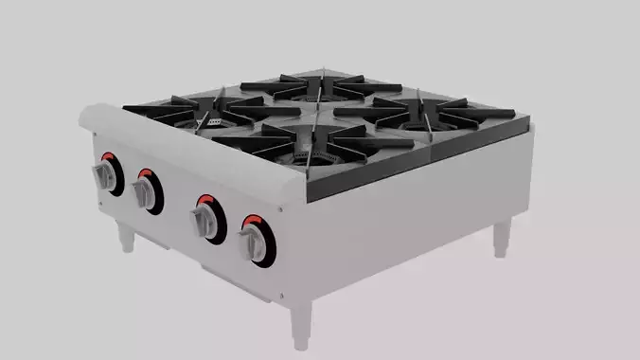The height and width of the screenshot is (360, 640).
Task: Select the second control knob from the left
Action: click(146, 192)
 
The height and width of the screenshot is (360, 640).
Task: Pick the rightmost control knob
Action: click(254, 242)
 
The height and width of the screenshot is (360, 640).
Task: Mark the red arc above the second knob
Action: click(150, 174)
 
